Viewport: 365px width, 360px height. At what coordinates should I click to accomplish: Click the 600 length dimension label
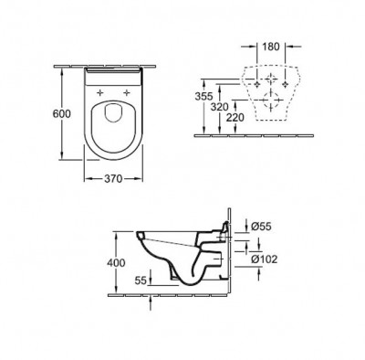coord(61,113)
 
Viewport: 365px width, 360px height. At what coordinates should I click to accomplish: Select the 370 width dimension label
coord(113,178)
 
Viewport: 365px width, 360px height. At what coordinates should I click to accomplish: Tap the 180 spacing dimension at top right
coord(271,47)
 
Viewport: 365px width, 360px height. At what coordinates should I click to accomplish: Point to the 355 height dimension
coord(203,96)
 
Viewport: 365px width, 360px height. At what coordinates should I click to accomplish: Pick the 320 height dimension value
coord(220,107)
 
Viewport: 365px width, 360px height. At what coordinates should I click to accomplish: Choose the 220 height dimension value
coord(235,118)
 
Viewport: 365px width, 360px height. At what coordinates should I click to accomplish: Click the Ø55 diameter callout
coord(261,227)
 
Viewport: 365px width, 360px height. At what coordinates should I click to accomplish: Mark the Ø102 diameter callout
coord(265,259)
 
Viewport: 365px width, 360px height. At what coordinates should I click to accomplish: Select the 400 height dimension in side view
coord(116,262)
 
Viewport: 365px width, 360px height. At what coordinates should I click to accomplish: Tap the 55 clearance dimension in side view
coord(141,281)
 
